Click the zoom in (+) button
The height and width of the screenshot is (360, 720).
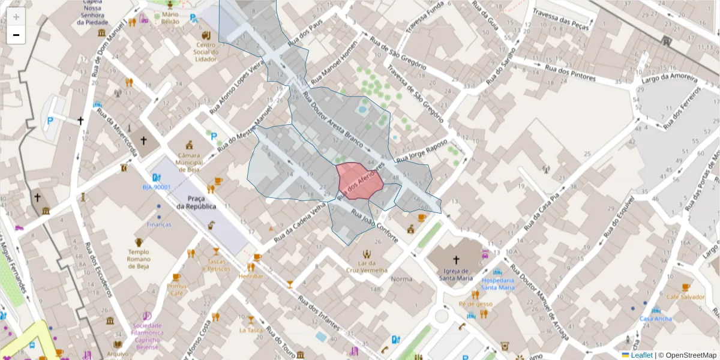[16, 17]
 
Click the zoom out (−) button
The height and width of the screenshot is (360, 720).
[16, 35]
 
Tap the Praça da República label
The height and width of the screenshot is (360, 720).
[201, 202]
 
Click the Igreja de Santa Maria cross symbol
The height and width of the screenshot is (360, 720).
[456, 260]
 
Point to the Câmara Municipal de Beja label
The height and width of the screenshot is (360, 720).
[189, 163]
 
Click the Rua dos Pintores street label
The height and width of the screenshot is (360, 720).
[570, 73]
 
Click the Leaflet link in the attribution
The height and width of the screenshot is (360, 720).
[641, 355]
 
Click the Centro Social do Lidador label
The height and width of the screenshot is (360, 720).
[206, 52]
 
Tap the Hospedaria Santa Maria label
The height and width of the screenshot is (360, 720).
[497, 283]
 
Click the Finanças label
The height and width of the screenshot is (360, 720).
[159, 224]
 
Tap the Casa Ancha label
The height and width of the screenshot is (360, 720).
[656, 319]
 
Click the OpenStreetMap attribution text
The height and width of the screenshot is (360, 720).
[691, 355]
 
